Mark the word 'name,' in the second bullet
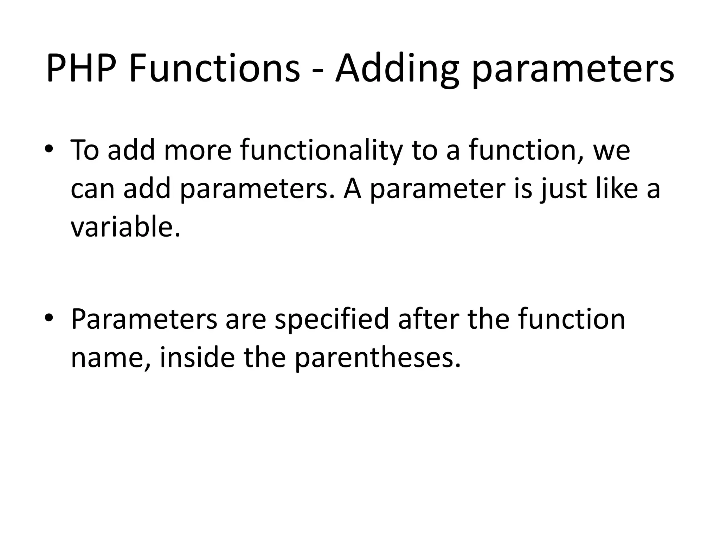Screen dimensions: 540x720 [x=111, y=359]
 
